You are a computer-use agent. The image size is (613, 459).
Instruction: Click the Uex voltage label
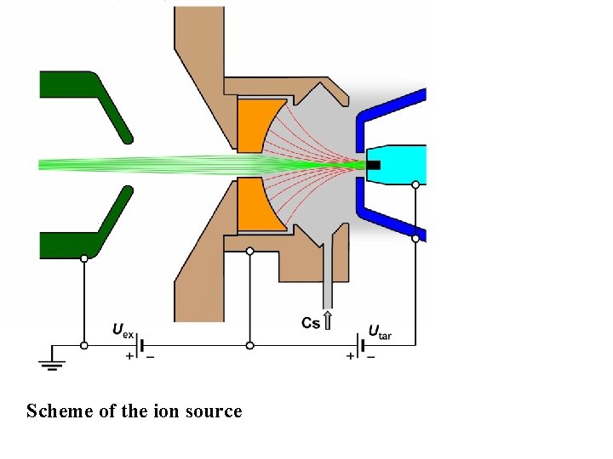[x=123, y=330]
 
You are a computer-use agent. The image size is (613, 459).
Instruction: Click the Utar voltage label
[x=380, y=331]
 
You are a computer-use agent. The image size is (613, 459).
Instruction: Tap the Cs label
[x=312, y=323]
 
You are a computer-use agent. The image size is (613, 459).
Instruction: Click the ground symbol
[x=52, y=360]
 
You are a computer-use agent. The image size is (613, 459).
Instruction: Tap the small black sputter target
[x=374, y=164]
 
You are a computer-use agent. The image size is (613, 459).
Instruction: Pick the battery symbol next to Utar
[x=362, y=345]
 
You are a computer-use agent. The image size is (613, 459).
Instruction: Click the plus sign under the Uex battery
[x=130, y=357]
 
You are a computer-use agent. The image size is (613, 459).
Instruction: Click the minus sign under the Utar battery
[x=371, y=357]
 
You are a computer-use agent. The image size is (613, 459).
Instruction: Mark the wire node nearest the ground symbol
[x=83, y=345]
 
